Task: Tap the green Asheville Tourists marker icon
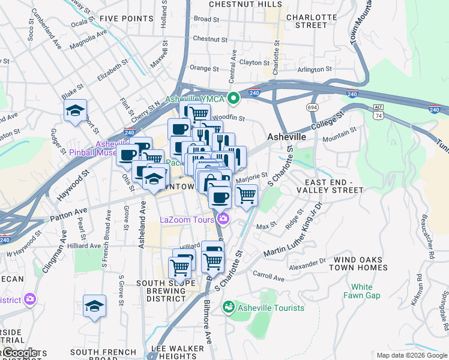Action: [x=228, y=308]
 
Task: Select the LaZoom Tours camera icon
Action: [x=223, y=219]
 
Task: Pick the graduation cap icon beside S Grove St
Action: [x=95, y=306]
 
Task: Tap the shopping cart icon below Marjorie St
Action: [x=246, y=195]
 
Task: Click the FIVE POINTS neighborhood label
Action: [x=127, y=19]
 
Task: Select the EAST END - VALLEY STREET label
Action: [x=334, y=186]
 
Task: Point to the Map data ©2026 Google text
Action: [x=411, y=355]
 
